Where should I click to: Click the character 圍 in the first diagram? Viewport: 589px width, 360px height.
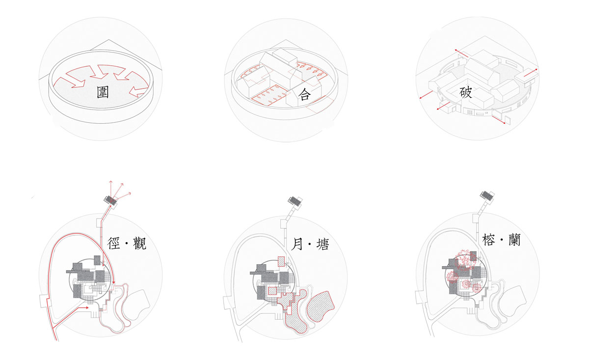(x=103, y=92)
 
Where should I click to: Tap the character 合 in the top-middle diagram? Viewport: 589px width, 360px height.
(x=304, y=94)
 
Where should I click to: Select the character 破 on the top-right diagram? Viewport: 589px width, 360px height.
(x=465, y=92)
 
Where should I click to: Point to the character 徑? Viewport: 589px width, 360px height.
(x=113, y=243)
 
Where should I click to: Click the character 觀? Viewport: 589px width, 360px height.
(x=139, y=243)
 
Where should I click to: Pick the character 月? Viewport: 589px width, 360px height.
(x=297, y=244)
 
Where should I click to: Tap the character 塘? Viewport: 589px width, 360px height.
(x=322, y=244)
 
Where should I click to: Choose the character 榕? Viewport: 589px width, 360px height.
(x=488, y=240)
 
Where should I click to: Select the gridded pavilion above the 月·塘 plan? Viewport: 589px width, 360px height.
(x=295, y=201)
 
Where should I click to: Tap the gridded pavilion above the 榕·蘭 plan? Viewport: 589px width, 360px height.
(x=487, y=196)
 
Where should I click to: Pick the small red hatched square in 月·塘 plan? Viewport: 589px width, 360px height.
(x=272, y=291)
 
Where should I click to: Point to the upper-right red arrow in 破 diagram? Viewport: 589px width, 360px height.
(x=531, y=72)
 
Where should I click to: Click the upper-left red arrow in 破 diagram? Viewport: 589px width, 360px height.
(x=461, y=53)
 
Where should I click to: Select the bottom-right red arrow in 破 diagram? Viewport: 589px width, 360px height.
(x=499, y=119)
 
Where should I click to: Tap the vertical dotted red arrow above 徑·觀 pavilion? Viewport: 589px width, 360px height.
(x=111, y=189)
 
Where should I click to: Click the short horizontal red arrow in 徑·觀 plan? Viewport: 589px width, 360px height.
(x=84, y=307)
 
